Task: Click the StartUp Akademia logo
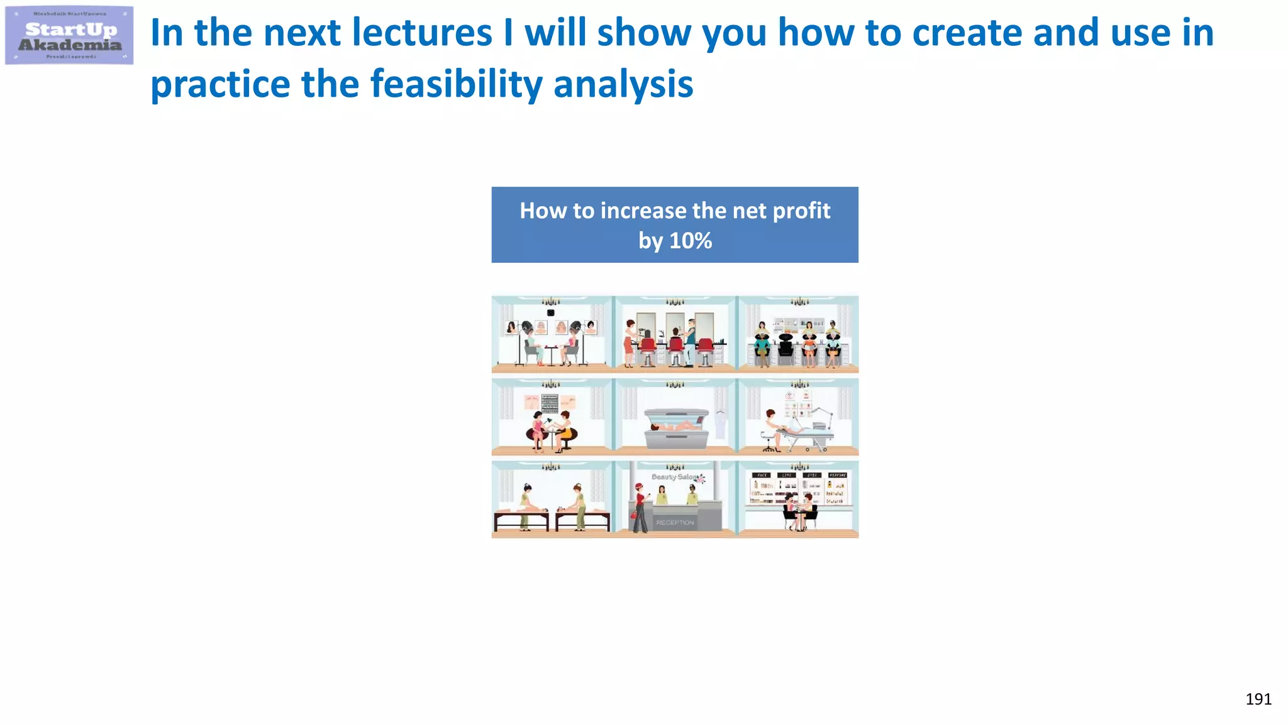[x=69, y=36]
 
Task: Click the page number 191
[x=1258, y=699]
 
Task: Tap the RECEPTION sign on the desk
[x=675, y=522]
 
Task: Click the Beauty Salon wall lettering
[x=674, y=477]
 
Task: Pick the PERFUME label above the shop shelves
[x=837, y=475]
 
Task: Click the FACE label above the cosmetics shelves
[x=762, y=475]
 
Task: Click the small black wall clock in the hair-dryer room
[x=550, y=312]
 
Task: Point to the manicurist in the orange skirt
[x=566, y=429]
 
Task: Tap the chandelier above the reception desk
[x=675, y=467]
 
